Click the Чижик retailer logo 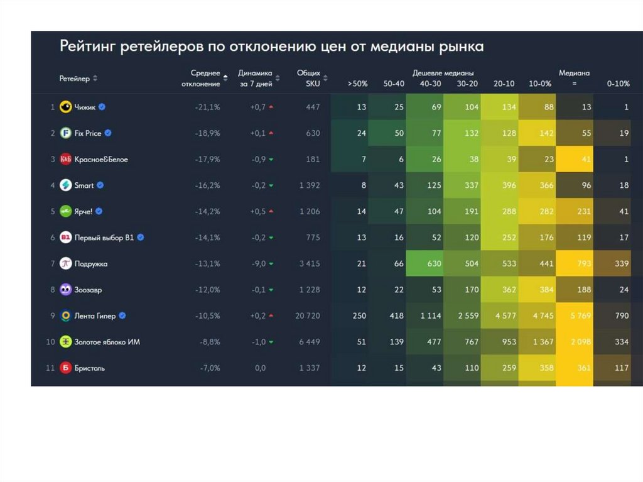point(65,107)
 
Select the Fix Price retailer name point(88,133)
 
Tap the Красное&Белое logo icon point(65,160)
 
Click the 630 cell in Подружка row point(434,264)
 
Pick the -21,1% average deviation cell point(207,107)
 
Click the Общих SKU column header point(308,78)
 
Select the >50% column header point(357,84)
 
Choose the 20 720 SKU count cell point(308,316)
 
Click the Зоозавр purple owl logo point(65,290)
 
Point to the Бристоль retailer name point(89,368)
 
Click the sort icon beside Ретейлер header point(95,79)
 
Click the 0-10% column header point(618,84)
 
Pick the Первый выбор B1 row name point(104,238)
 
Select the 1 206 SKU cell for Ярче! point(308,212)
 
